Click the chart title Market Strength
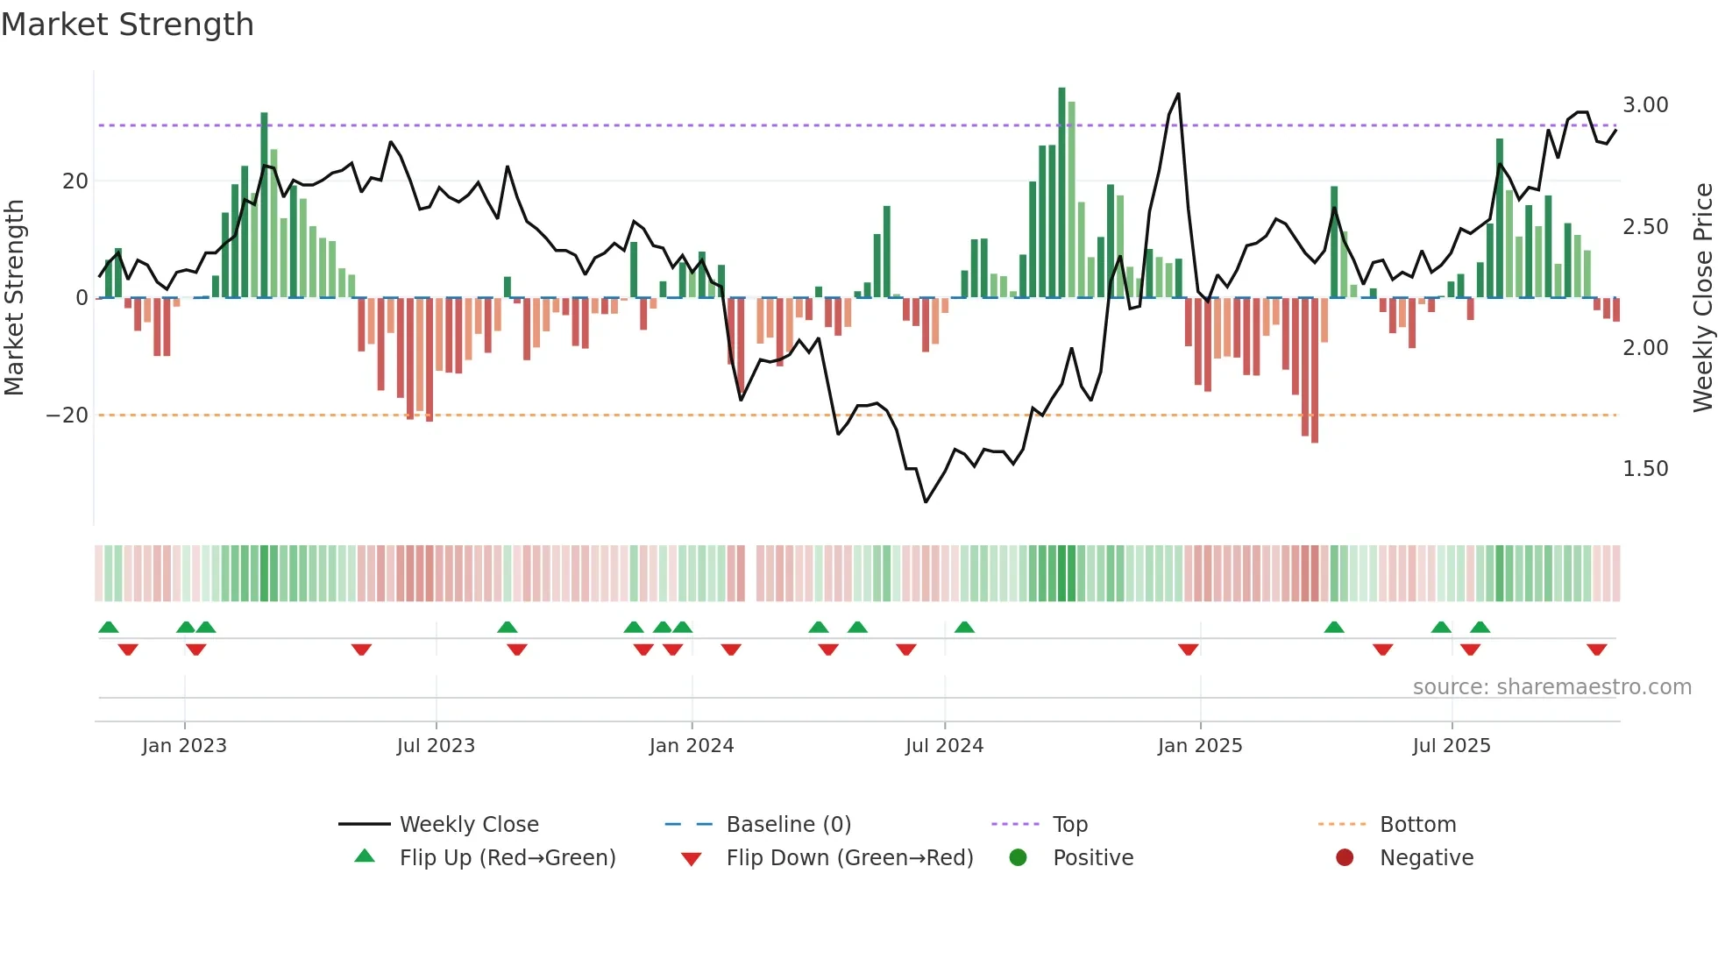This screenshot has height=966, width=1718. (127, 25)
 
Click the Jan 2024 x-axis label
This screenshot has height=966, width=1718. (692, 746)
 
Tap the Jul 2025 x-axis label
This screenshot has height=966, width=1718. (1452, 746)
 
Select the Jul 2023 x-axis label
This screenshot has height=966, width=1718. (436, 746)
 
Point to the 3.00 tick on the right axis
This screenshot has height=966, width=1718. (1645, 105)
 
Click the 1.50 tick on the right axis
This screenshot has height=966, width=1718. (1645, 469)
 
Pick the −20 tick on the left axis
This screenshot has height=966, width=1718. (67, 416)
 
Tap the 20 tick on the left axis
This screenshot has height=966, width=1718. (75, 181)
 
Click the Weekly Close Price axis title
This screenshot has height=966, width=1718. (1702, 298)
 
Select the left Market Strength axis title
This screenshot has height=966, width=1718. (15, 298)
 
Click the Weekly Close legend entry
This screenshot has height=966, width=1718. (469, 825)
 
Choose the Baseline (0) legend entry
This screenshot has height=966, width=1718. (788, 825)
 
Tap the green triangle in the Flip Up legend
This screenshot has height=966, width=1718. (365, 856)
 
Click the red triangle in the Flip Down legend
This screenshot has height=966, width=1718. (691, 859)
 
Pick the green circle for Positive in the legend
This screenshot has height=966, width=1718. (1018, 857)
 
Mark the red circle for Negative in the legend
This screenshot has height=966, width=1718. (1345, 857)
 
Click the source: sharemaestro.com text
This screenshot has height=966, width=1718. (1551, 687)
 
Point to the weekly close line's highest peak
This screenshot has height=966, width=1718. (1178, 94)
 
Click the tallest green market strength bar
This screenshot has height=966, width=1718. (1061, 193)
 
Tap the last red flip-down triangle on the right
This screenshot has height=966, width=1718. (1596, 650)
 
